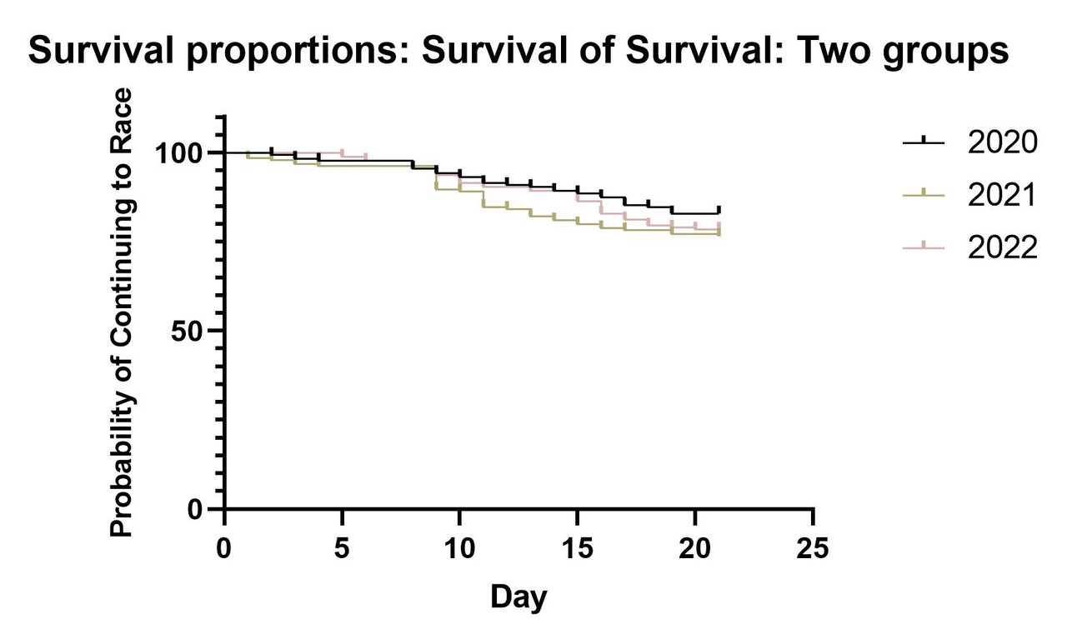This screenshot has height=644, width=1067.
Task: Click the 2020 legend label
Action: (x=1003, y=142)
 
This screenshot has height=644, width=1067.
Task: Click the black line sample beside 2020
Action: (x=924, y=143)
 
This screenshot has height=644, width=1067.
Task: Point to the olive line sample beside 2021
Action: (x=924, y=196)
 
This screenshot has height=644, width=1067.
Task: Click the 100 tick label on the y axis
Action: (x=178, y=153)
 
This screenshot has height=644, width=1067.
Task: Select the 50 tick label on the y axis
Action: (x=188, y=331)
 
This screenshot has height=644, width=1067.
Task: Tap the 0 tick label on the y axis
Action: (x=196, y=509)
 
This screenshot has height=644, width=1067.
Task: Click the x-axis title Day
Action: (x=518, y=597)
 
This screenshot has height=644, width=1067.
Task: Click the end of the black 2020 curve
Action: (x=719, y=210)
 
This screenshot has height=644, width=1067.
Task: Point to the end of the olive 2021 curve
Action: (x=719, y=233)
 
